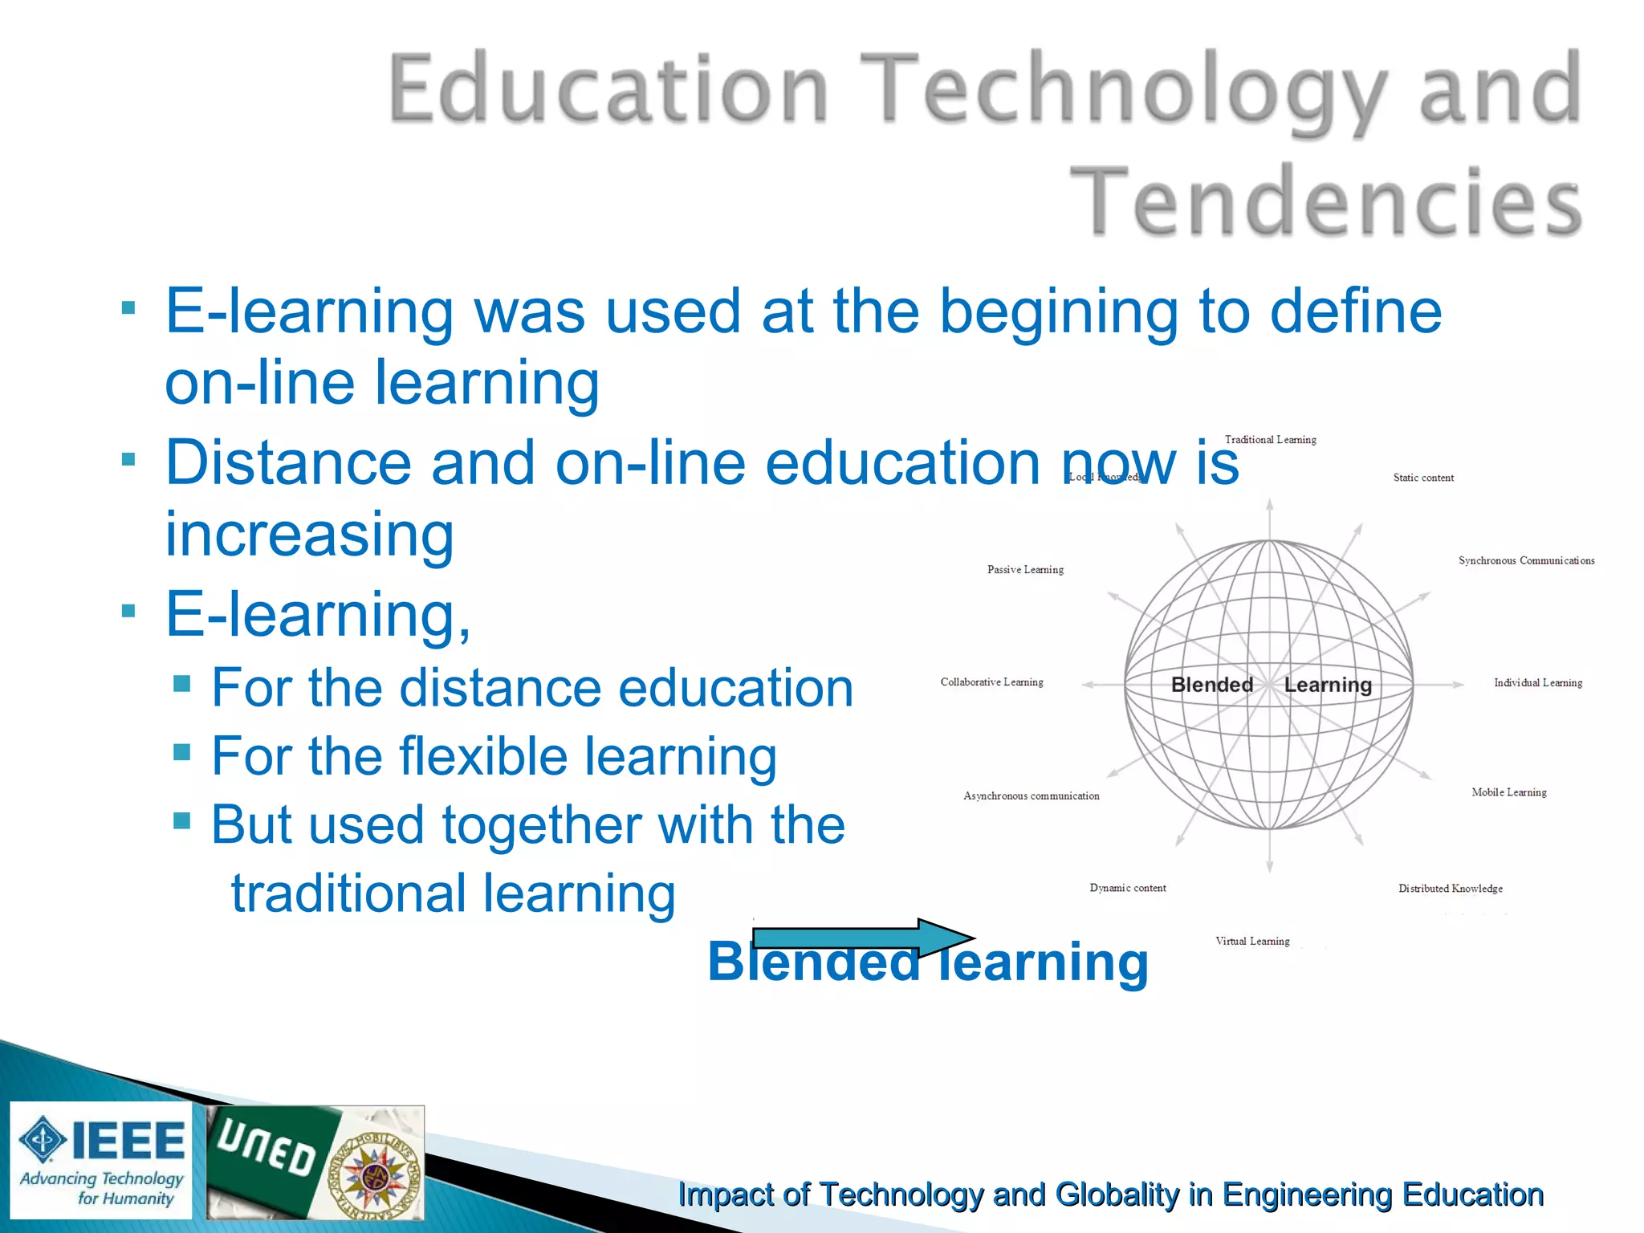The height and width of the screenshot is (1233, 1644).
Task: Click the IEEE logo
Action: pos(101,1160)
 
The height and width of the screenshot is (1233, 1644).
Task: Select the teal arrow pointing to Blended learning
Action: pos(863,938)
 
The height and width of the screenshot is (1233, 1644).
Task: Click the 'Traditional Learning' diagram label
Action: pos(1270,440)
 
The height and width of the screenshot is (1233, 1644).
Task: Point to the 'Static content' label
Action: pos(1423,478)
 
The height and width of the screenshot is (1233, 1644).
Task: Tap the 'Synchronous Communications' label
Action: pos(1526,560)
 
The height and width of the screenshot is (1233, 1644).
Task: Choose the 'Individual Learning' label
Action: pos(1537,683)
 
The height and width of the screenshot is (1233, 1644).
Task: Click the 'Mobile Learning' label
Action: pos(1508,792)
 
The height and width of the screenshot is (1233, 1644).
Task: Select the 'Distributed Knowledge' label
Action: pos(1450,889)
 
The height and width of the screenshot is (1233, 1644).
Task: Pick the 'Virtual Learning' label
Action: pos(1252,942)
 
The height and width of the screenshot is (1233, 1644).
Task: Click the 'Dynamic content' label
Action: pos(1127,888)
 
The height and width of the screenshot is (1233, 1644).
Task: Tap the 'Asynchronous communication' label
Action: pos(1031,796)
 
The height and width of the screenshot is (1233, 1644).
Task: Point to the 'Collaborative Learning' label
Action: pos(991,682)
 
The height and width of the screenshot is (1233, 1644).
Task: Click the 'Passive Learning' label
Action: pos(1025,570)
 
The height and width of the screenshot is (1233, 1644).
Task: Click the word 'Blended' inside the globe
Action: pos(1211,685)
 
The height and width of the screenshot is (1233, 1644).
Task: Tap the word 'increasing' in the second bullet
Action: pos(309,535)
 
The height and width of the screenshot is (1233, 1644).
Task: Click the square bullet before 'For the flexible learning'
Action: pos(182,752)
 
